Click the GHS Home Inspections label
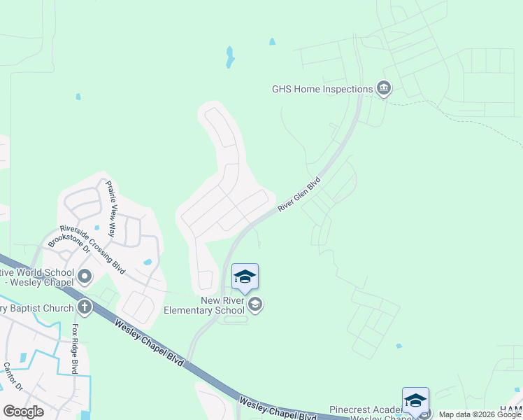coord(322,89)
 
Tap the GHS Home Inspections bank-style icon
coord(383,88)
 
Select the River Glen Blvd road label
coord(299,194)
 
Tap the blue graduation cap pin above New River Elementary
coord(245,277)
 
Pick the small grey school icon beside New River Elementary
coord(256,304)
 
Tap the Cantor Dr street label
coord(13,377)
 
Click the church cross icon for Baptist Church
coord(84,307)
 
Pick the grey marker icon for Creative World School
coord(85,277)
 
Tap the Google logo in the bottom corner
coord(23,411)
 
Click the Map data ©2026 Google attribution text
coord(480,414)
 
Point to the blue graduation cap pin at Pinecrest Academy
coord(415,400)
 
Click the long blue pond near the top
coord(229,57)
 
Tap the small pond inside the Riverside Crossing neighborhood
coord(147,262)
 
